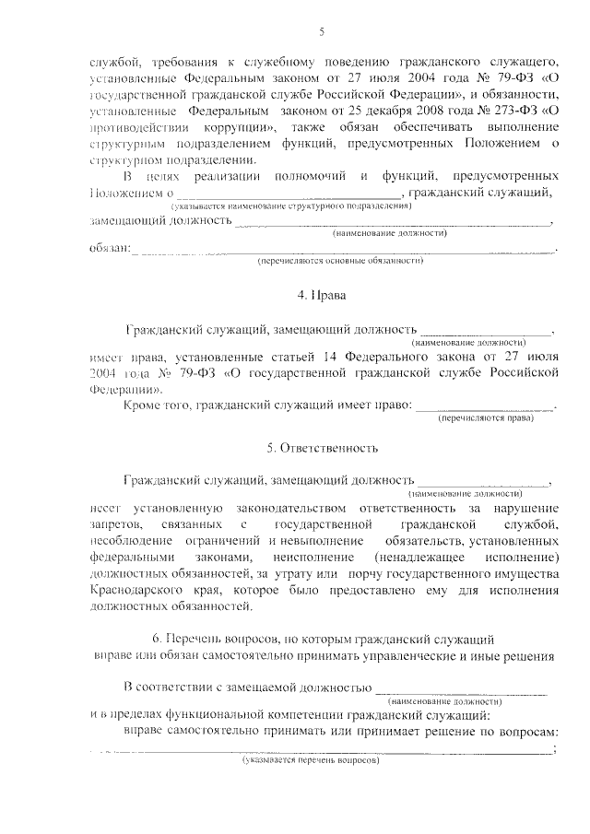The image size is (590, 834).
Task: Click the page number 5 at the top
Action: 322,32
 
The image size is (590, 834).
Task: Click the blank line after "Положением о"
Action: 289,194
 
